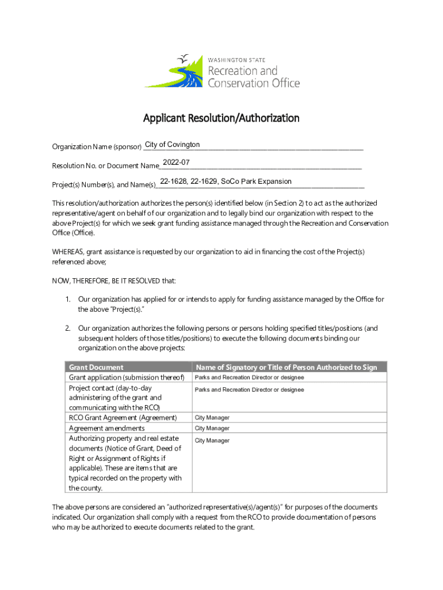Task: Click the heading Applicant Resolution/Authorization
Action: coord(221,118)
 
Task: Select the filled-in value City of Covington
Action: coord(173,144)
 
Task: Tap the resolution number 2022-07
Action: coord(176,162)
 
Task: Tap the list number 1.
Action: coord(67,299)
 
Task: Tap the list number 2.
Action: coord(67,328)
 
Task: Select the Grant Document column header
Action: coord(96,367)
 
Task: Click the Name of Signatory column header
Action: coord(287,367)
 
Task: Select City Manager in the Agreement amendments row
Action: coord(212,428)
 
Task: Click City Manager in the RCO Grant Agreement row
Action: coord(212,417)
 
